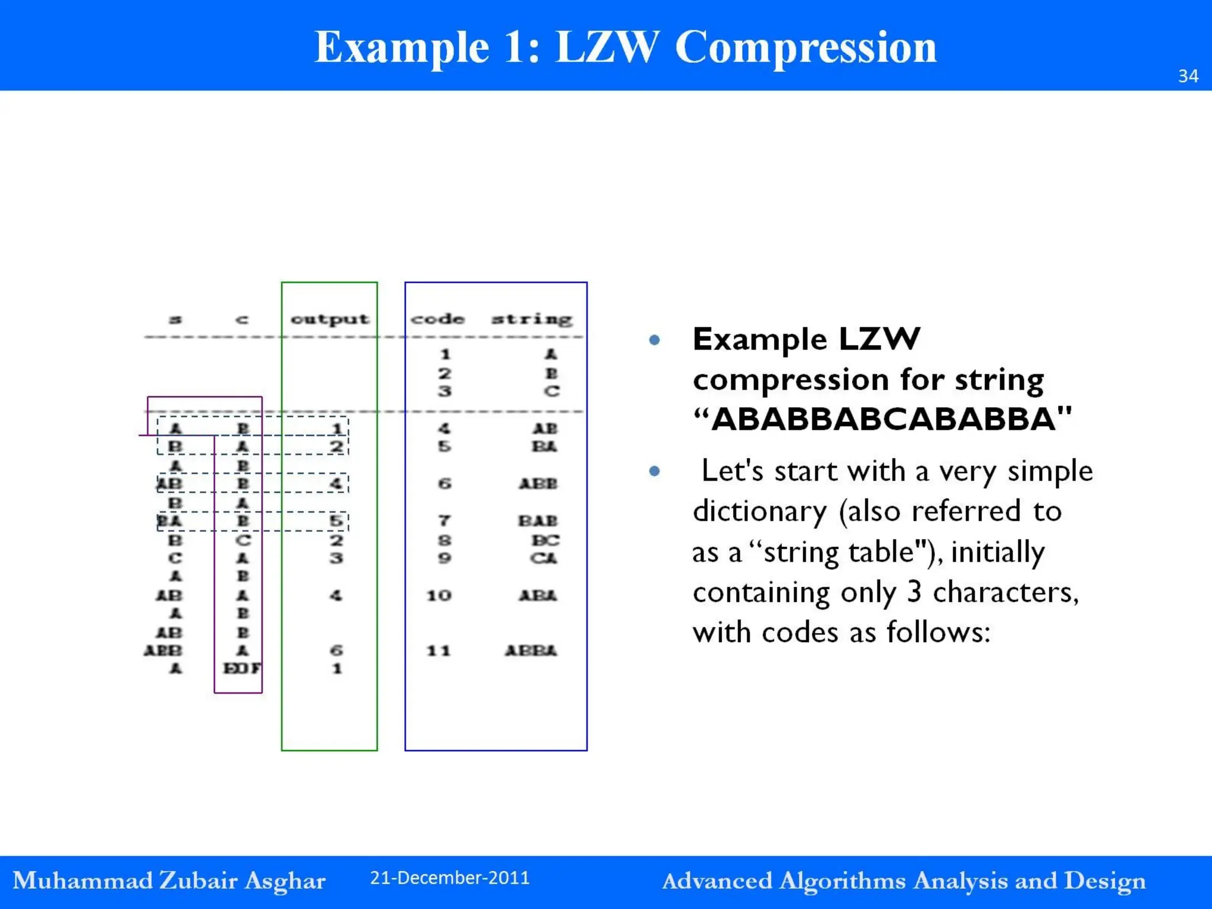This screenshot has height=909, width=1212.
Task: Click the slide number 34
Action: [1188, 76]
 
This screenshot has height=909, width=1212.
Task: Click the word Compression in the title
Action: [805, 47]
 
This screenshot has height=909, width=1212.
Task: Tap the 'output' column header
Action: [330, 319]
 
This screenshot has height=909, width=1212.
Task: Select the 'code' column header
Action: [438, 319]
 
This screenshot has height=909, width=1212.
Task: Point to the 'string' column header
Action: [532, 319]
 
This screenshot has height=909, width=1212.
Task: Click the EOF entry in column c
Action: [241, 668]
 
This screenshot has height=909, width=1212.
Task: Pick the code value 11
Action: [439, 650]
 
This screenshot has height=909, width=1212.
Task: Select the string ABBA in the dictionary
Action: [531, 650]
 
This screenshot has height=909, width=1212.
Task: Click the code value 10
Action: [439, 595]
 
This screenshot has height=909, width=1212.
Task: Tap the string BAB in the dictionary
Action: [538, 521]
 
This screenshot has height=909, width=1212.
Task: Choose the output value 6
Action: [336, 650]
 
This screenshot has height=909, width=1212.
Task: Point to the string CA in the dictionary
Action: [544, 558]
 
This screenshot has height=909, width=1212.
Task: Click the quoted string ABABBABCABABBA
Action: [882, 419]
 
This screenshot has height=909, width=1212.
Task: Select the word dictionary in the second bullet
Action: [759, 511]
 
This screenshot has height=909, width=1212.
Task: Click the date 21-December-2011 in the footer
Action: [450, 878]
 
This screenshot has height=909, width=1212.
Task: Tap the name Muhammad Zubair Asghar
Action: [169, 881]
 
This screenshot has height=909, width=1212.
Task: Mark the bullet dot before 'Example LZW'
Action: [654, 340]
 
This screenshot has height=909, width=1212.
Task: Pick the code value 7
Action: [444, 521]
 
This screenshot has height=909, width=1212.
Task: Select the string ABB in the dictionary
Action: [538, 483]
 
